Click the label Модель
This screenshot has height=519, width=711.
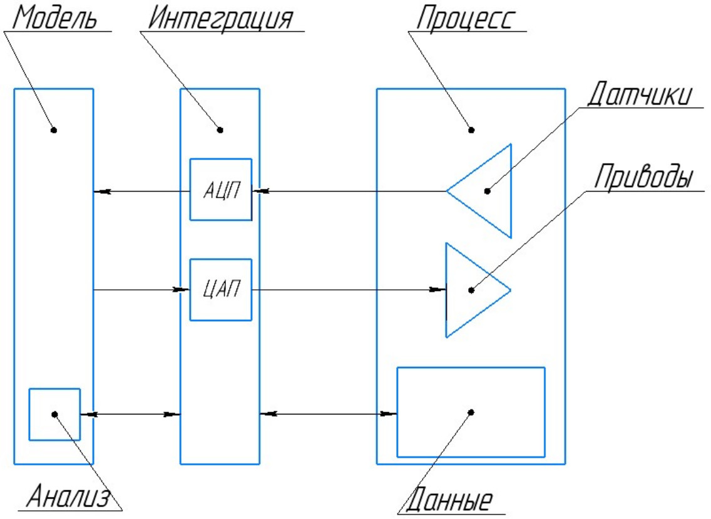point(55,19)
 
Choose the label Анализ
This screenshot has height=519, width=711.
point(68,498)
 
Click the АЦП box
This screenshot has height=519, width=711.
point(220,190)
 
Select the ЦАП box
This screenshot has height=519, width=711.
point(220,290)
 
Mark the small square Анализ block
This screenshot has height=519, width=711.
point(54,414)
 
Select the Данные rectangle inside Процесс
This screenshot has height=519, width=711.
point(471,412)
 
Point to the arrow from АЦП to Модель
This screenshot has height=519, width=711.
point(141,190)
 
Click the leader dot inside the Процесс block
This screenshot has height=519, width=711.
point(471,130)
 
